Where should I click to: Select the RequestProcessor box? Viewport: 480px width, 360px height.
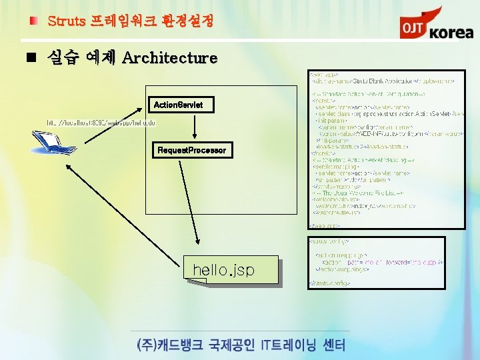coord(191,150)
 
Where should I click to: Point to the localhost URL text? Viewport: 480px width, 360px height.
coord(101,123)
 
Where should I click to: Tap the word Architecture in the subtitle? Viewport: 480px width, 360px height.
coord(170,58)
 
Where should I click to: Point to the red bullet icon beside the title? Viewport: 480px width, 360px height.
coord(33,21)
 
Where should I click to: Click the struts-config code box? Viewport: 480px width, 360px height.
coord(376,261)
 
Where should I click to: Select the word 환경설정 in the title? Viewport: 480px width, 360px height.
coord(187,21)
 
